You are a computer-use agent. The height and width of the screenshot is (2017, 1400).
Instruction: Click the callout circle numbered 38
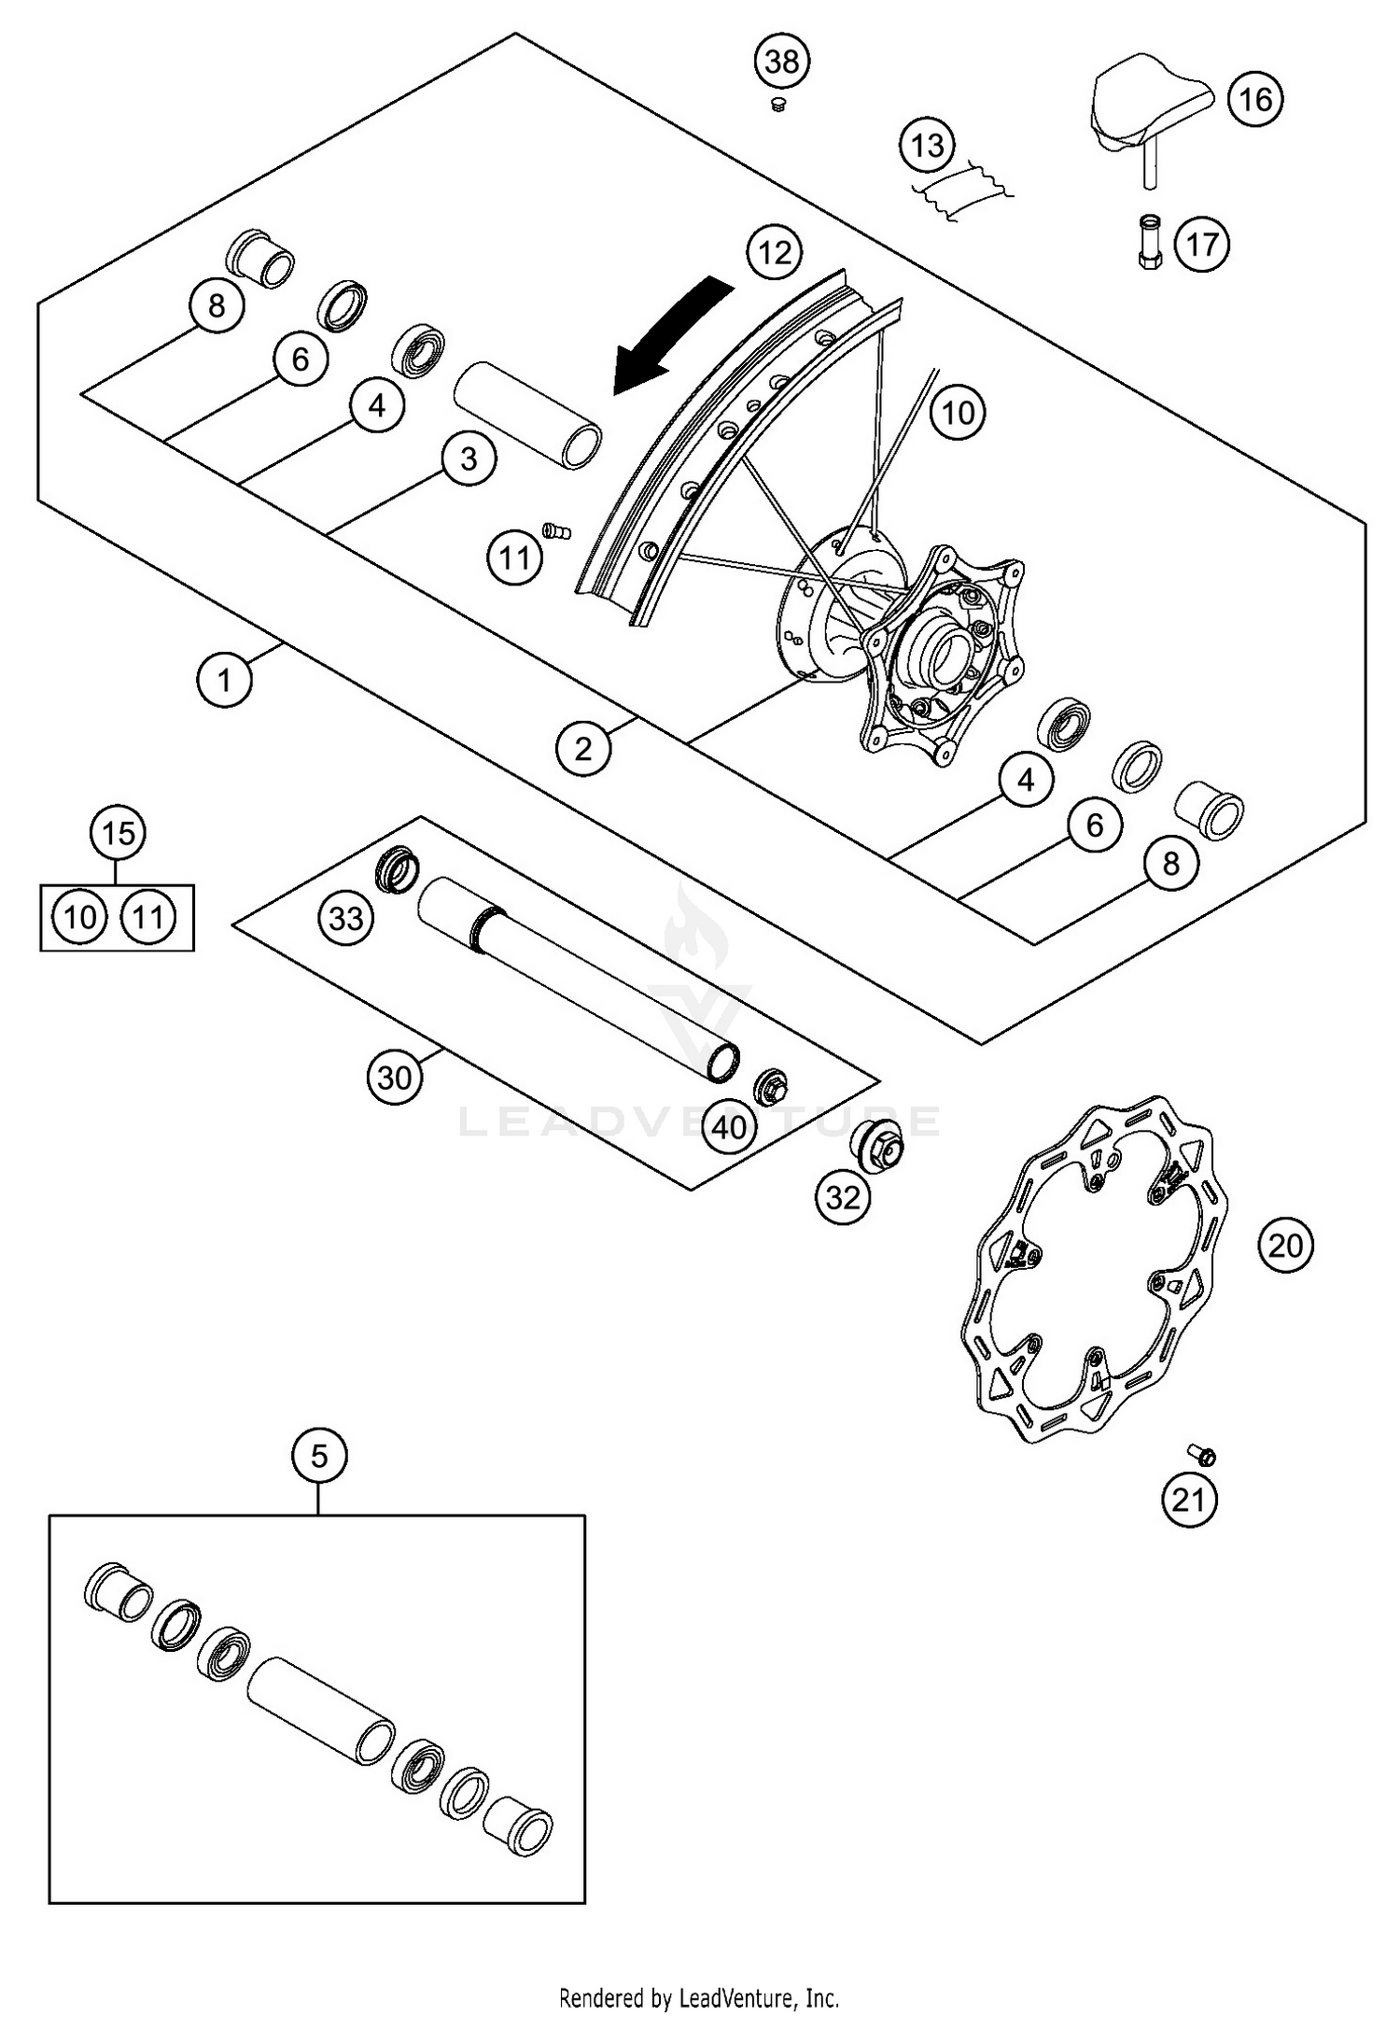782,62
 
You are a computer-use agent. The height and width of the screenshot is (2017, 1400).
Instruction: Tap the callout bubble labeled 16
1255,98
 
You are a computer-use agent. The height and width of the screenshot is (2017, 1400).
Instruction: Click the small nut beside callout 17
1148,242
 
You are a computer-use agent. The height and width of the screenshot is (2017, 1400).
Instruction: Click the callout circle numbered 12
775,252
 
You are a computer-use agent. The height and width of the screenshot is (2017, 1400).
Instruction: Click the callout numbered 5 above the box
319,1456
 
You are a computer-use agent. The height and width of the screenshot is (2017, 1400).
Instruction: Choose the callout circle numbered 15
119,833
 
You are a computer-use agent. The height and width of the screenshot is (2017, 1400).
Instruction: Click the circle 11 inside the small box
148,918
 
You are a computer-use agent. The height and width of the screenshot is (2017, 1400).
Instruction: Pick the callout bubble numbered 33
346,918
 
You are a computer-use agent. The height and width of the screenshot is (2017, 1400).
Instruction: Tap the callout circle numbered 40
729,1127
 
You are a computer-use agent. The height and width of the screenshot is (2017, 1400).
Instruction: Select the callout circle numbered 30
394,1078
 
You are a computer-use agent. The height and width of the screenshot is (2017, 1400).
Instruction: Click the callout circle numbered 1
224,680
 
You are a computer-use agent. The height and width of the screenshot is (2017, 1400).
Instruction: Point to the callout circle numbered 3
469,458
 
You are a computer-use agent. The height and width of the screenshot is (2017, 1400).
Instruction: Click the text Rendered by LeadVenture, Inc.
699,1997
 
